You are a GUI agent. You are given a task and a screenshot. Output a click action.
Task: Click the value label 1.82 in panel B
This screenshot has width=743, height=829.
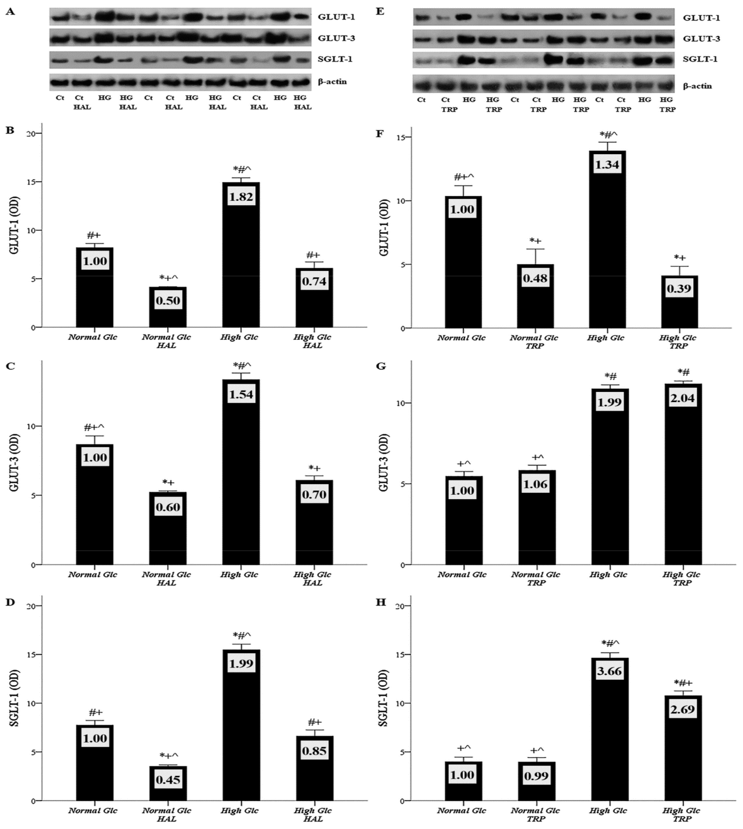(241, 197)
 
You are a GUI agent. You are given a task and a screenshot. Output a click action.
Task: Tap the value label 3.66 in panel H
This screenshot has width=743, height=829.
(609, 671)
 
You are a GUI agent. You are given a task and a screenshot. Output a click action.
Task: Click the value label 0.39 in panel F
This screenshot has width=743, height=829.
(679, 289)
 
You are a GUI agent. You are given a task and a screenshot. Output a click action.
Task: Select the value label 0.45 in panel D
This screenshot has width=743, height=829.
(168, 780)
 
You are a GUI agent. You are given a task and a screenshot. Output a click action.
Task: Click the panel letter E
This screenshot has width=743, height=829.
(380, 11)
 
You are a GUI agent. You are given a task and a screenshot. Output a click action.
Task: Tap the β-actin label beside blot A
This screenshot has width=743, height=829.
(332, 81)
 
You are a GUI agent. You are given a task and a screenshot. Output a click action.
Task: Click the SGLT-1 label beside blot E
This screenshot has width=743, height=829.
(700, 59)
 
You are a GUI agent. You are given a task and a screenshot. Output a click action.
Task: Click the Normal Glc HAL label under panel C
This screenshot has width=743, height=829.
(166, 578)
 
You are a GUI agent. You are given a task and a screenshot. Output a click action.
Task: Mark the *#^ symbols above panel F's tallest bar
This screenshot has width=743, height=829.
(608, 135)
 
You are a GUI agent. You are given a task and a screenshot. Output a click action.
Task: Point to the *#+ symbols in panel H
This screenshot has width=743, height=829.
(683, 683)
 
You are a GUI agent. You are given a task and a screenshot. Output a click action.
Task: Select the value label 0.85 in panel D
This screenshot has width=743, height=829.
(314, 750)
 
